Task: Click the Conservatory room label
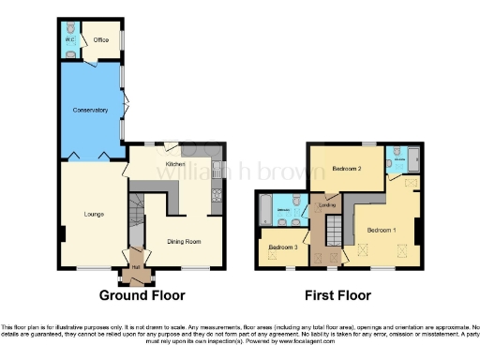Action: (x=90, y=111)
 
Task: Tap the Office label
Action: (x=100, y=39)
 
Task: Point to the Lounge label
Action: (x=92, y=215)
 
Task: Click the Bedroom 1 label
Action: (x=381, y=230)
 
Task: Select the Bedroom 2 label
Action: (x=347, y=169)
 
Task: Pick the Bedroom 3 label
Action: (x=282, y=247)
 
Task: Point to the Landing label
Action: (x=327, y=204)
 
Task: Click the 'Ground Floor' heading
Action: (x=141, y=295)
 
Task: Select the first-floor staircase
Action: (x=334, y=234)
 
